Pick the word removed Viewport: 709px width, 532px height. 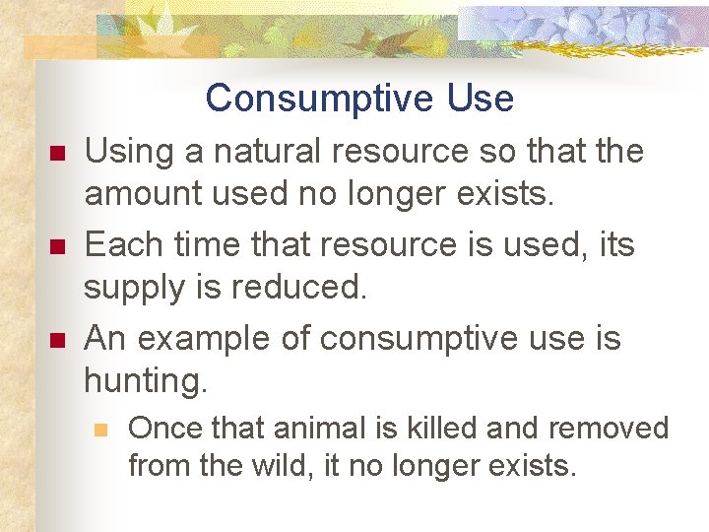point(608,429)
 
